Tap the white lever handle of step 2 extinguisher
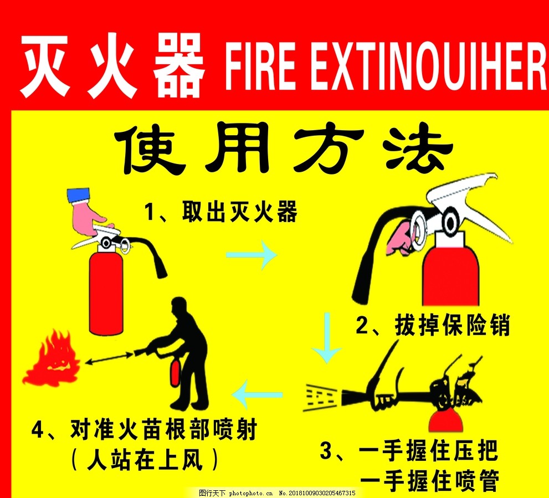(471, 202)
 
